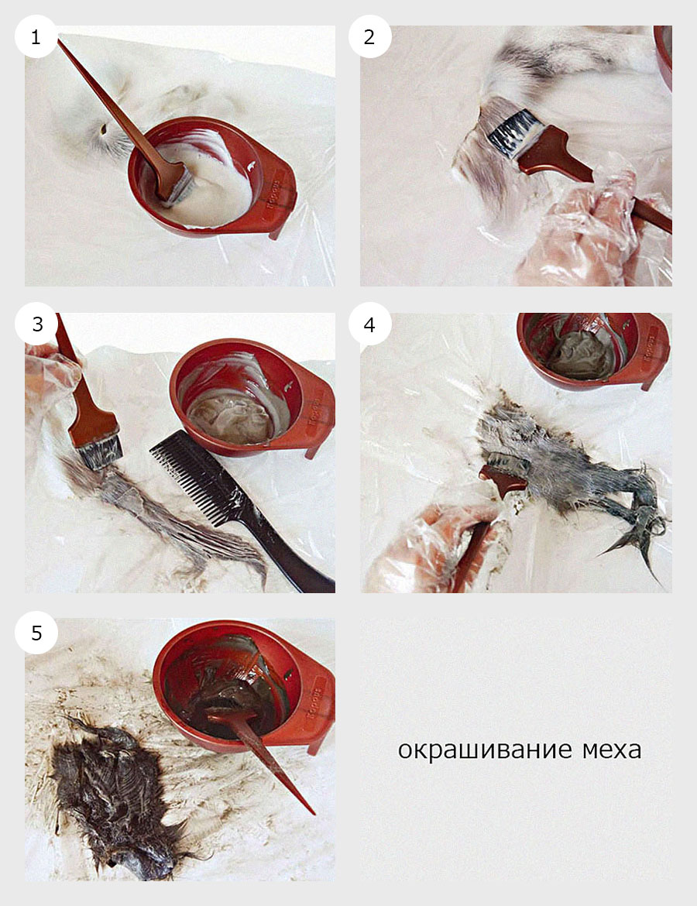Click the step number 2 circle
click(369, 36)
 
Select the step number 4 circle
click(369, 324)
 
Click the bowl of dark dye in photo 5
click(232, 681)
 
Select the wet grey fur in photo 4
click(558, 465)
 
